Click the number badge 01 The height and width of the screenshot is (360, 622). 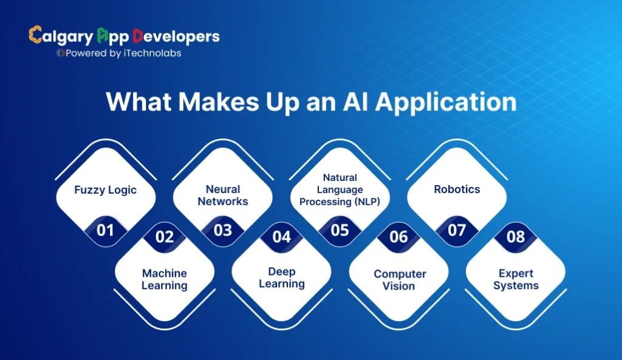pyautogui.click(x=106, y=230)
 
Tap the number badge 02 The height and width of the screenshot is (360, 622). pyautogui.click(x=165, y=237)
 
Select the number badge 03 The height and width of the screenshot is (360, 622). pyautogui.click(x=223, y=230)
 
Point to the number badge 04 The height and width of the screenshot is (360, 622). pyautogui.click(x=282, y=237)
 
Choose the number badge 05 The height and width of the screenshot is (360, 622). pyautogui.click(x=340, y=230)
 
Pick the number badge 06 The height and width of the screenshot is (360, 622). pyautogui.click(x=398, y=237)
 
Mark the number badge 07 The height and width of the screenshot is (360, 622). pyautogui.click(x=457, y=230)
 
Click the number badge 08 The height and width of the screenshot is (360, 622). pyautogui.click(x=516, y=237)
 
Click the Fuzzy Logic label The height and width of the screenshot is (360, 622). pyautogui.click(x=106, y=190)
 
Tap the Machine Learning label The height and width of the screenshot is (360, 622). pyautogui.click(x=165, y=279)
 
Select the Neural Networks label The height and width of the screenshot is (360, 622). pyautogui.click(x=223, y=195)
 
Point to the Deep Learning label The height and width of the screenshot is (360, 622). pyautogui.click(x=282, y=277)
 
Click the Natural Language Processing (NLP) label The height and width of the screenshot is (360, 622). pyautogui.click(x=340, y=189)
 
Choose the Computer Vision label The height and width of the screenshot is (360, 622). pyautogui.click(x=398, y=280)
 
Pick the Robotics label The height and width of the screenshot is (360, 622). pyautogui.click(x=457, y=189)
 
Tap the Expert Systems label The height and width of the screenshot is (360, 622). pyautogui.click(x=516, y=279)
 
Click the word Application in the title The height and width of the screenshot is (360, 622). pyautogui.click(x=445, y=101)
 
